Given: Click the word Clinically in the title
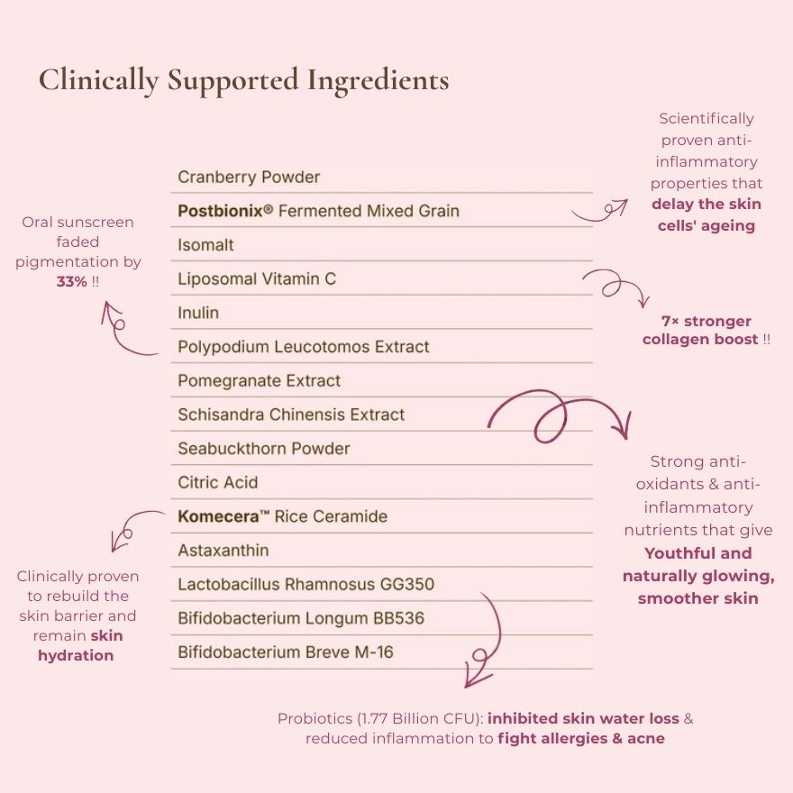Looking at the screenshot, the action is pyautogui.click(x=98, y=80).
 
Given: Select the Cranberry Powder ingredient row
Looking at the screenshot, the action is pyautogui.click(x=249, y=177).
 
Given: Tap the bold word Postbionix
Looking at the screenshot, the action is pyautogui.click(x=221, y=210).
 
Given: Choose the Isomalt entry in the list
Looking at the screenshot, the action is pyautogui.click(x=205, y=245).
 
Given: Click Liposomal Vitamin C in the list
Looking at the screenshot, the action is pyautogui.click(x=257, y=278).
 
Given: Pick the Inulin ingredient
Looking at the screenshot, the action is pyautogui.click(x=198, y=313).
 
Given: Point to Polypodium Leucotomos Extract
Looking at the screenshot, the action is pyautogui.click(x=304, y=346).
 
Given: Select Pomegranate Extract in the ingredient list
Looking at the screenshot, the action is pyautogui.click(x=259, y=380).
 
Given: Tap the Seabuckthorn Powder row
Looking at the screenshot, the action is pyautogui.click(x=264, y=448).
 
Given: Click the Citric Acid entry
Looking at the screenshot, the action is pyautogui.click(x=218, y=482).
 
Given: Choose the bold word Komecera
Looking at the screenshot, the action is pyautogui.click(x=218, y=515).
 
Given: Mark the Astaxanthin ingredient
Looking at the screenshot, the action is pyautogui.click(x=223, y=550).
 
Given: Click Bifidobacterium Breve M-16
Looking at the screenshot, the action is pyautogui.click(x=286, y=652).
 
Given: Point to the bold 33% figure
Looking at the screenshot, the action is pyautogui.click(x=72, y=281).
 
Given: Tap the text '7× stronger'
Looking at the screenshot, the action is pyautogui.click(x=706, y=321).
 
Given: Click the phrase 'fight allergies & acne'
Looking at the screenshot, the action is pyautogui.click(x=581, y=738).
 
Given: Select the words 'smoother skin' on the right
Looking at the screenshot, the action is pyautogui.click(x=697, y=598).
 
